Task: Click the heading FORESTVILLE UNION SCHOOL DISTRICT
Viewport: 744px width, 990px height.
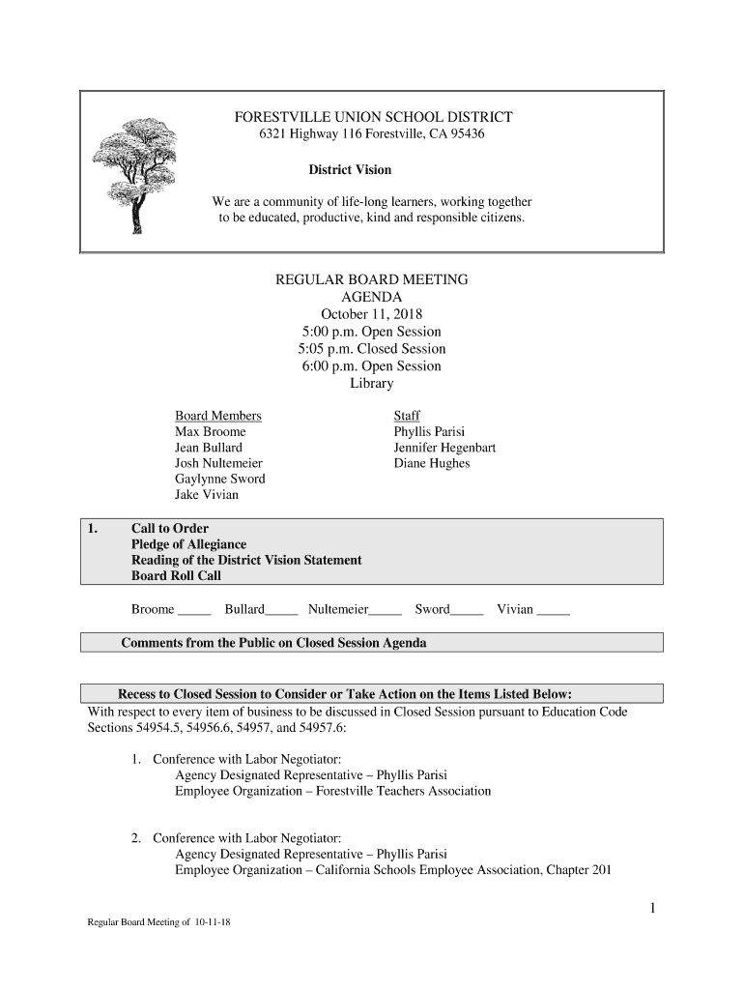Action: (373, 117)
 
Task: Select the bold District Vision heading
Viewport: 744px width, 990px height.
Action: (350, 170)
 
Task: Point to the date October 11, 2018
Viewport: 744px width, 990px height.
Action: (372, 314)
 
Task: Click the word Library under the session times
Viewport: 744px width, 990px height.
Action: (372, 384)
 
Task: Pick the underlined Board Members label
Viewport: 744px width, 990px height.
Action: (217, 416)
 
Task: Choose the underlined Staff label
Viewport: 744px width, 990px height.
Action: (407, 416)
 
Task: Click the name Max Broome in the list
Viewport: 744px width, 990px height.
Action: (210, 431)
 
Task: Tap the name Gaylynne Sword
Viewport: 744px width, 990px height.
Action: (219, 479)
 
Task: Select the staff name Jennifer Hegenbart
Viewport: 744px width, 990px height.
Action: (444, 448)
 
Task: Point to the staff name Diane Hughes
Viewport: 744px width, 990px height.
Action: (431, 463)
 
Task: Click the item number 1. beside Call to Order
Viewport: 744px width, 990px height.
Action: (93, 529)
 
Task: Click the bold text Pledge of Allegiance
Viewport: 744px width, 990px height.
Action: (188, 544)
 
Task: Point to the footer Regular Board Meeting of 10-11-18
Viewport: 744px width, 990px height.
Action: (158, 922)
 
